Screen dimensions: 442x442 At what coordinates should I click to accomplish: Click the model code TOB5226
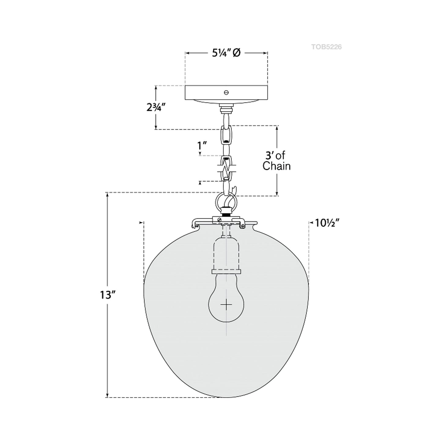(x=326, y=47)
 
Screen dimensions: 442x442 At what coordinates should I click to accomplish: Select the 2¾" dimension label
(x=156, y=107)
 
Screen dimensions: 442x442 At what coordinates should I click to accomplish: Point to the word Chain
(x=277, y=166)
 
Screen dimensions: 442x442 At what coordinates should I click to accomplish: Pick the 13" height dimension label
(x=107, y=295)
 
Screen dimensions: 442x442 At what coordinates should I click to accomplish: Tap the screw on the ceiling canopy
(x=226, y=92)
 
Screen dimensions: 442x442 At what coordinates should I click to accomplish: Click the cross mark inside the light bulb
(x=226, y=305)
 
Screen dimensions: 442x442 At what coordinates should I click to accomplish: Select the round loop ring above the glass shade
(x=226, y=202)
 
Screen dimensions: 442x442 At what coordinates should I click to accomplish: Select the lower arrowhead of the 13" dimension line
(x=107, y=396)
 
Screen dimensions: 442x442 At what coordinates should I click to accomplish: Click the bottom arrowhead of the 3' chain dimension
(x=277, y=193)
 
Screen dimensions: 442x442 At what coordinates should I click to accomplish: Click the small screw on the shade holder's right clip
(x=243, y=226)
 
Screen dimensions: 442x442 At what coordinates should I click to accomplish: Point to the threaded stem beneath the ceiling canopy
(x=226, y=108)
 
